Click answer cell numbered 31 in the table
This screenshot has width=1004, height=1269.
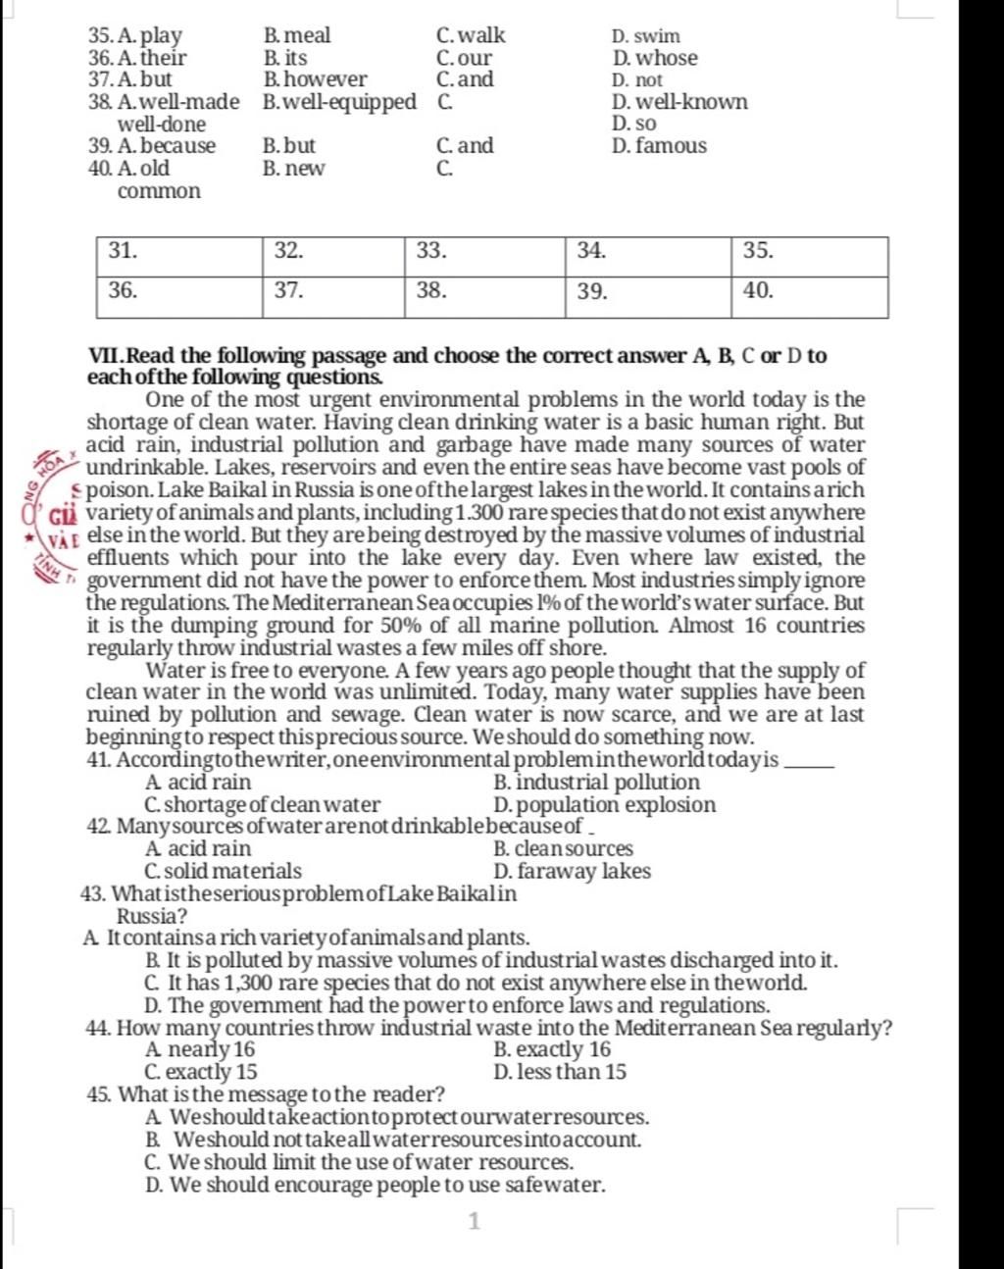click(178, 256)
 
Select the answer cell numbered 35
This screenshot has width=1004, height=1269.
click(809, 256)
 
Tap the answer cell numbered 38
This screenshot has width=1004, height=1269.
click(484, 296)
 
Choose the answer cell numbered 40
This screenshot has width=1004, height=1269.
click(809, 296)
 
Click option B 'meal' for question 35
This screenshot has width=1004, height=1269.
click(297, 36)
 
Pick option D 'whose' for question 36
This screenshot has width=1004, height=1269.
click(655, 59)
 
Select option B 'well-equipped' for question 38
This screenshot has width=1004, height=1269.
click(339, 102)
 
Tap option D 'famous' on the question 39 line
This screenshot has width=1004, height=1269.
click(659, 146)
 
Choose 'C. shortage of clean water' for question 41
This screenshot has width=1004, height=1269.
click(262, 805)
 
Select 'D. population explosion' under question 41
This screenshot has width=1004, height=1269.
click(605, 805)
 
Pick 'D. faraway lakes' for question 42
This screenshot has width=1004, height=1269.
click(573, 871)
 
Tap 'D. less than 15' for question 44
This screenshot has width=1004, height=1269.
click(561, 1072)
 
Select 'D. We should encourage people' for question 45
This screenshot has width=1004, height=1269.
click(375, 1185)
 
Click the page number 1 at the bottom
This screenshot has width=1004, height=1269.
click(475, 1221)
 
